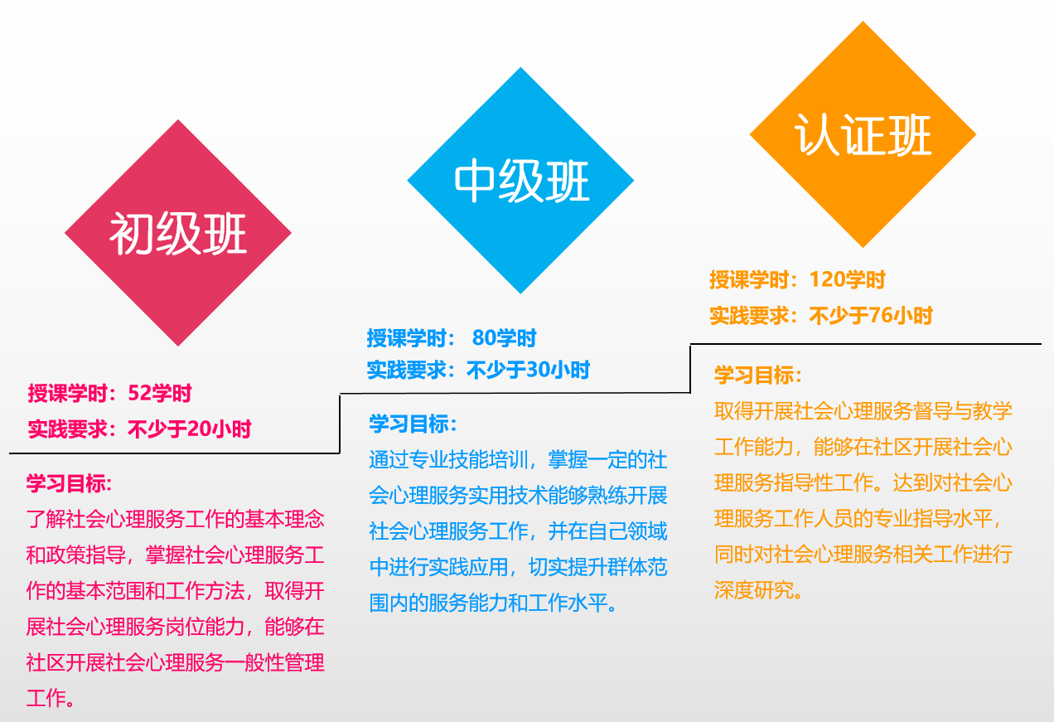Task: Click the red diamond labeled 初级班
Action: pyautogui.click(x=178, y=233)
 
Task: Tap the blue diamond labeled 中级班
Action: pyautogui.click(x=520, y=180)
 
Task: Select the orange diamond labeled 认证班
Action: pyautogui.click(x=863, y=134)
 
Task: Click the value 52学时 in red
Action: pyautogui.click(x=160, y=393)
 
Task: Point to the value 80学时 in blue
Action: pyautogui.click(x=504, y=338)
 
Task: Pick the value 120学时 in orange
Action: pyautogui.click(x=847, y=279)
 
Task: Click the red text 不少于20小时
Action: pyautogui.click(x=189, y=429)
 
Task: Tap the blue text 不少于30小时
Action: pyautogui.click(x=528, y=370)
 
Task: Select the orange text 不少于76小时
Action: pyautogui.click(x=871, y=315)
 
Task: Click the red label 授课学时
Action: pyautogui.click(x=68, y=393)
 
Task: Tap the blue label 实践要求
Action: pyautogui.click(x=407, y=370)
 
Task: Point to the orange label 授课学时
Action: pyautogui.click(x=750, y=279)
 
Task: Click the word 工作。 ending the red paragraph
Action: pyautogui.click(x=51, y=697)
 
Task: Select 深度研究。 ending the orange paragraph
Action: pyautogui.click(x=758, y=589)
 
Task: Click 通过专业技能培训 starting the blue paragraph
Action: pyautogui.click(x=448, y=459)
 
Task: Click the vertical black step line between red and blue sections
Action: pyautogui.click(x=340, y=424)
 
